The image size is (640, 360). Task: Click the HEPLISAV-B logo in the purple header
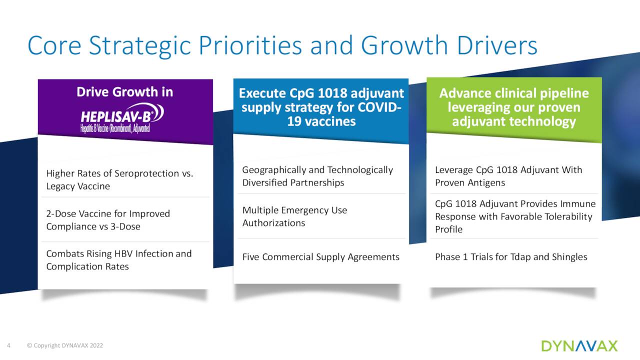[x=122, y=117]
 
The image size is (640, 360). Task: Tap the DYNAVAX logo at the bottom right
[x=579, y=346]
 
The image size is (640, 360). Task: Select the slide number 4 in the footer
[x=8, y=345]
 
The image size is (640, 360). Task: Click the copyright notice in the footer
[x=65, y=345]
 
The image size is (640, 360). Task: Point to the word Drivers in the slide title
[x=497, y=45]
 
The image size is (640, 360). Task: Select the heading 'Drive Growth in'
[x=125, y=92]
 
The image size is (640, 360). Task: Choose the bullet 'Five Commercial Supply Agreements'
[x=321, y=257]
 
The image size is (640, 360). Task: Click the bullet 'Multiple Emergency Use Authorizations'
[x=294, y=216]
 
